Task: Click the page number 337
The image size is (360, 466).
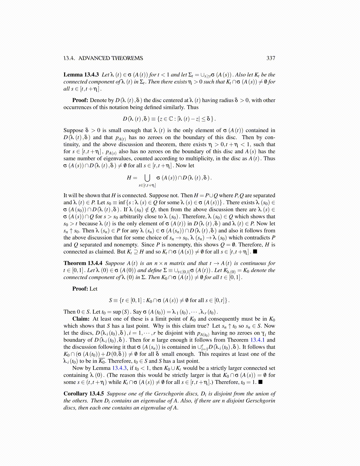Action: (x=271, y=58)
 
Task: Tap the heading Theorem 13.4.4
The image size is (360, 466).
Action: (x=83, y=263)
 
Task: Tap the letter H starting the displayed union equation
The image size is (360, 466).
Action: (x=129, y=178)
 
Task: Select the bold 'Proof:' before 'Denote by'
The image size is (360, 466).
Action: (x=80, y=100)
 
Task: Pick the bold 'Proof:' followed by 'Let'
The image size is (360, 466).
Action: (x=80, y=289)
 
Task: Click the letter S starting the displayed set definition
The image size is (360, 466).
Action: (x=111, y=300)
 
